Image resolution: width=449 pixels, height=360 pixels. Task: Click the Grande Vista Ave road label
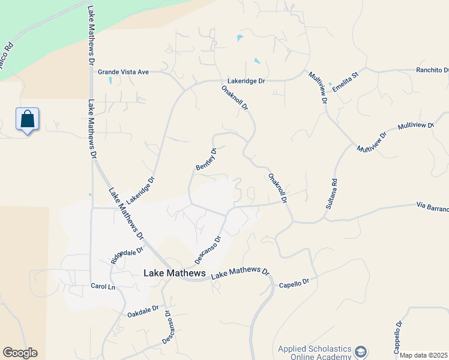[123, 71]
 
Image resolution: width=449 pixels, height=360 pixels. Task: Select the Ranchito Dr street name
[432, 70]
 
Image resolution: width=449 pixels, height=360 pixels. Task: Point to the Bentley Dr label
[206, 158]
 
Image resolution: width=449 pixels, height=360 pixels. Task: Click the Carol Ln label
[102, 286]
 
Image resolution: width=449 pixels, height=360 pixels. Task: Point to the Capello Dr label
[294, 281]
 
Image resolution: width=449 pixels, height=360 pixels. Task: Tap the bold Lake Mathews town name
[175, 273]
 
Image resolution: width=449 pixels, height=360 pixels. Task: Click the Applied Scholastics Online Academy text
[314, 353]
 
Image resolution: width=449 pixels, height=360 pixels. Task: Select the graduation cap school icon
[361, 351]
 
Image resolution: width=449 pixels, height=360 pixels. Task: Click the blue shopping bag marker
[28, 119]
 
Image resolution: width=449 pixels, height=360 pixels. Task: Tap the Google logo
[20, 353]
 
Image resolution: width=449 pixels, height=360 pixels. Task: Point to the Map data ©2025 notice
[423, 355]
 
